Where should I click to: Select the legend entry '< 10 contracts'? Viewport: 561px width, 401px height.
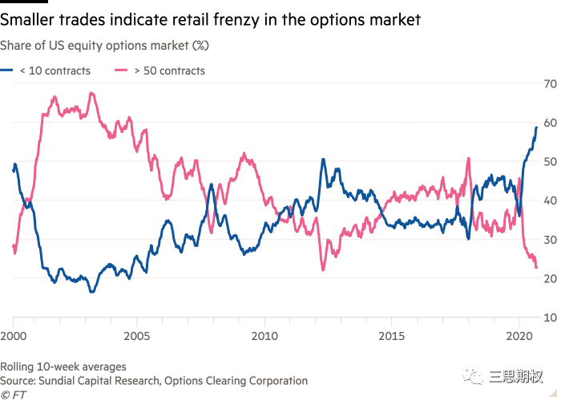pyautogui.click(x=53, y=71)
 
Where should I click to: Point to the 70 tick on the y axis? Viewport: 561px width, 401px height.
pyautogui.click(x=551, y=83)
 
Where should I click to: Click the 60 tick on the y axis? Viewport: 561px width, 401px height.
pyautogui.click(x=551, y=123)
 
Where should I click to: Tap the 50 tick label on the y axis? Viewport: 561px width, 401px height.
pyautogui.click(x=551, y=161)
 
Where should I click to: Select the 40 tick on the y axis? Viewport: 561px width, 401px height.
pyautogui.click(x=551, y=200)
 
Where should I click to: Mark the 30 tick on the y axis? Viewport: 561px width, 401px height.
pyautogui.click(x=551, y=240)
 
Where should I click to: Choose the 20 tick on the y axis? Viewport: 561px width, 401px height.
pyautogui.click(x=551, y=278)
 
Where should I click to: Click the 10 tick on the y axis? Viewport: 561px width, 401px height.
pyautogui.click(x=551, y=318)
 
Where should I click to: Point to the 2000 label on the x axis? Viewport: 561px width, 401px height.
pyautogui.click(x=14, y=334)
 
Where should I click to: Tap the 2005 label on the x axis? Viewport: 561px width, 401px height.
pyautogui.click(x=139, y=334)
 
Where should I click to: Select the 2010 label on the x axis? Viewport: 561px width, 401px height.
pyautogui.click(x=265, y=334)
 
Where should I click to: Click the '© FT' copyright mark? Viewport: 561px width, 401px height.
pyautogui.click(x=14, y=395)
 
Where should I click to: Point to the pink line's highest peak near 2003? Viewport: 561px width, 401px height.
pyautogui.click(x=91, y=92)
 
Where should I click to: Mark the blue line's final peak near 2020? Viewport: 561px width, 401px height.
pyautogui.click(x=535, y=128)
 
